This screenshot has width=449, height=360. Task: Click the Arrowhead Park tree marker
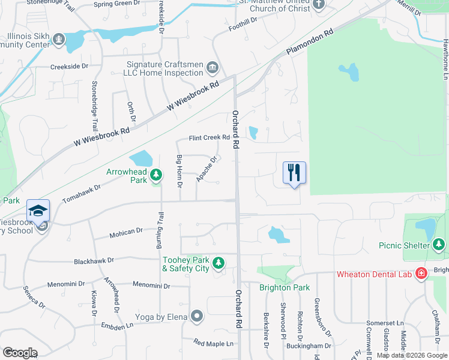tap(156, 175)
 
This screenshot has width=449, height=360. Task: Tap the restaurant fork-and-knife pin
tap(294, 173)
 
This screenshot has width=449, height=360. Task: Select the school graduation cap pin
tap(38, 211)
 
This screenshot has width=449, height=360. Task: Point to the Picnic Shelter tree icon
tap(439, 244)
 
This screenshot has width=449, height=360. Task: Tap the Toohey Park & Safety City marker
tap(219, 263)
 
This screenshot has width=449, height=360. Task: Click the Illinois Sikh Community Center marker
tap(59, 40)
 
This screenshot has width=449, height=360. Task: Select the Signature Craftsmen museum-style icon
tap(211, 67)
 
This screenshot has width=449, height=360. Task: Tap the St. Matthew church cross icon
tap(318, 5)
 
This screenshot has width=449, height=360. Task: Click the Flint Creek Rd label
tap(209, 137)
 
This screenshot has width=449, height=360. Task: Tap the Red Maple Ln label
tap(212, 343)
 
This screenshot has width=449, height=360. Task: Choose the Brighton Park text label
tap(284, 287)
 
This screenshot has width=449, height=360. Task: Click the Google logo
tap(20, 352)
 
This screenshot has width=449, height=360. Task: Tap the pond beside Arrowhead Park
tap(141, 159)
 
